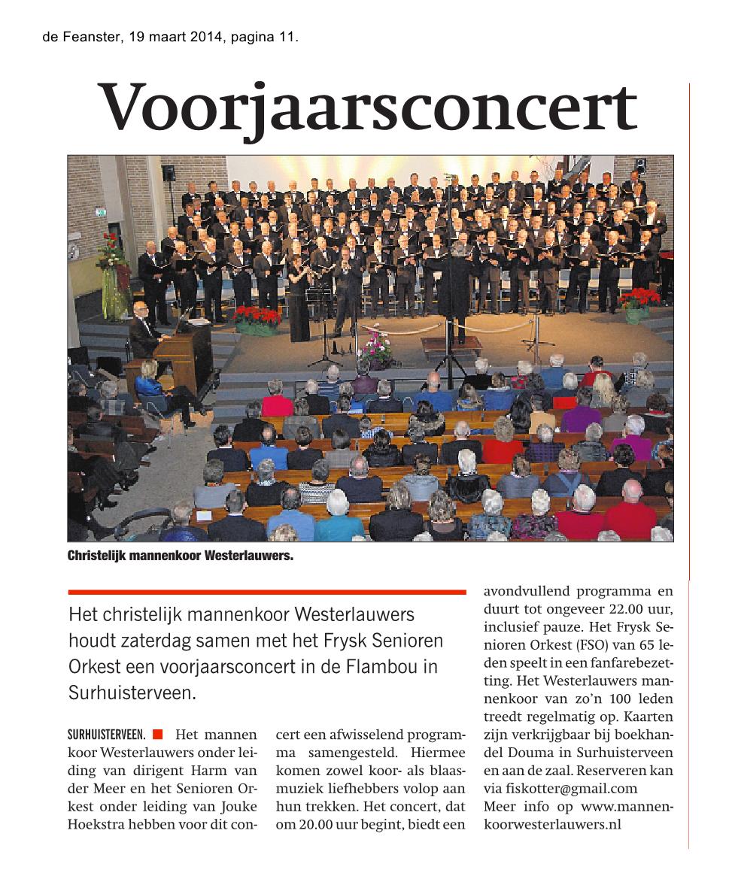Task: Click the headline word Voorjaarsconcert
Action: [369, 108]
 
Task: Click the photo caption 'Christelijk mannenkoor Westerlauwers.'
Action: [180, 557]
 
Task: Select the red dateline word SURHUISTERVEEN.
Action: [106, 734]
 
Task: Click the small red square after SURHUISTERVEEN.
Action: [157, 734]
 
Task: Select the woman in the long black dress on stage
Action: [299, 301]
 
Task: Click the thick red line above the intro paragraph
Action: [266, 593]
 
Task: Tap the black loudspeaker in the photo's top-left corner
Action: [169, 172]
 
